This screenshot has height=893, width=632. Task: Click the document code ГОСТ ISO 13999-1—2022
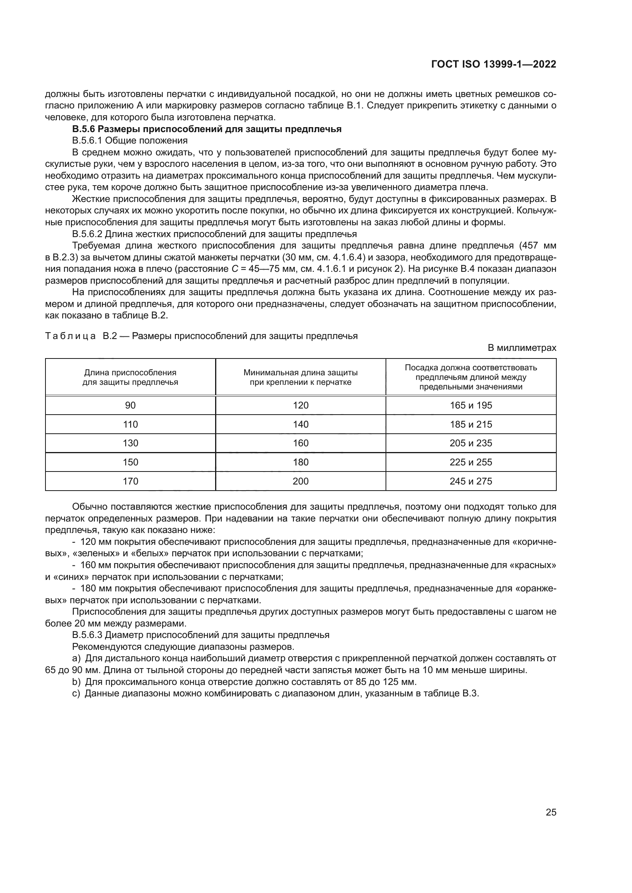click(x=493, y=65)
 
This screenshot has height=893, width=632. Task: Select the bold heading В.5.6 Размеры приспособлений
click(x=207, y=129)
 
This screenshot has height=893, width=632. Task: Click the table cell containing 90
click(x=130, y=405)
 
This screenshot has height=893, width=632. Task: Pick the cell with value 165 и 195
click(x=471, y=405)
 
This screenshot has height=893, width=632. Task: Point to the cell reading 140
click(x=300, y=424)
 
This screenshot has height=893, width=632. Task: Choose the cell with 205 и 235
click(x=471, y=443)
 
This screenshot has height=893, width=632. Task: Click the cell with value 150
click(x=130, y=462)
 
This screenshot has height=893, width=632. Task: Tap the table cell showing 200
click(x=300, y=481)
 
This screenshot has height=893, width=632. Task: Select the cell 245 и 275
click(x=471, y=481)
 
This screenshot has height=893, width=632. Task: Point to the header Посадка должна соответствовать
click(x=471, y=368)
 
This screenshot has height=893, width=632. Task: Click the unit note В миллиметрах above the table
click(x=522, y=348)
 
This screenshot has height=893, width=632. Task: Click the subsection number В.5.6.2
click(x=87, y=234)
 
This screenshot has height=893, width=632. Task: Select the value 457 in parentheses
click(x=531, y=246)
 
